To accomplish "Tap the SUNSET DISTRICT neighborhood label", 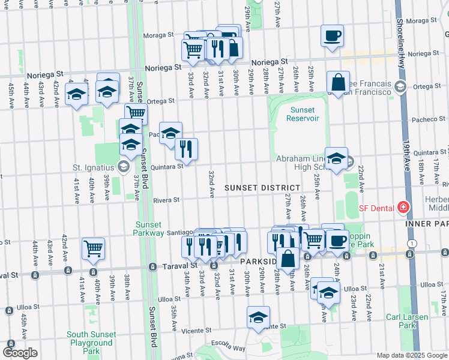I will click(262, 188).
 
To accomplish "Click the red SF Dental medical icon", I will click(403, 208).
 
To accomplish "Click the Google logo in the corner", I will click(20, 353).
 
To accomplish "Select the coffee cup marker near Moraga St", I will click(332, 36).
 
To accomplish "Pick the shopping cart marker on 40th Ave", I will click(93, 247).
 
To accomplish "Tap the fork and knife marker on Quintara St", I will click(187, 148).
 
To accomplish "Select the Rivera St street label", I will click(166, 200).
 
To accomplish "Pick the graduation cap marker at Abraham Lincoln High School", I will click(336, 158).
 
